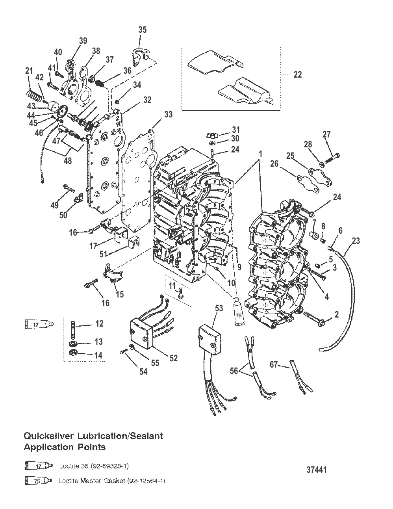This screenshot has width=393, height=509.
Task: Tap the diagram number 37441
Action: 316,470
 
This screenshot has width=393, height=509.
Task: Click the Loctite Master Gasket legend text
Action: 112,481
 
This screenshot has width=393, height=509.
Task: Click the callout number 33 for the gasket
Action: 168,115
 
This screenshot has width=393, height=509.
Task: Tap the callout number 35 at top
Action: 143,30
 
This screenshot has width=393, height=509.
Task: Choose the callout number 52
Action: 173,358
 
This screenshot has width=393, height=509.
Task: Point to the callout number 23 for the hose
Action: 356,241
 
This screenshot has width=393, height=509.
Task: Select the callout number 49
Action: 54,205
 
